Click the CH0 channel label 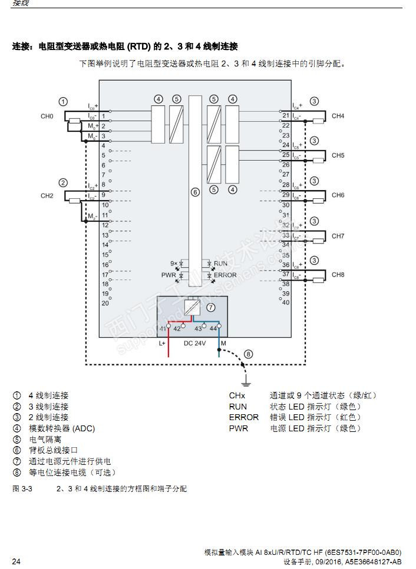point(47,117)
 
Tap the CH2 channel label point(47,195)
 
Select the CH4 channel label point(338,116)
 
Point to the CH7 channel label point(338,236)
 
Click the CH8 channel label point(338,275)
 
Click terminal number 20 point(105,303)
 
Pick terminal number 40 point(286,302)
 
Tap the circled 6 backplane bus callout point(195,192)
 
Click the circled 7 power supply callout point(210,307)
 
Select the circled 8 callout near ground point(248,354)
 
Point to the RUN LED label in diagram point(220,264)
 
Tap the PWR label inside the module point(169,275)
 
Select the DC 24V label point(194,342)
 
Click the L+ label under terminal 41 point(162,342)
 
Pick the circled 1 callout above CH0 point(63,101)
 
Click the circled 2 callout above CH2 point(63,183)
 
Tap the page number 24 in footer point(16,561)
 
